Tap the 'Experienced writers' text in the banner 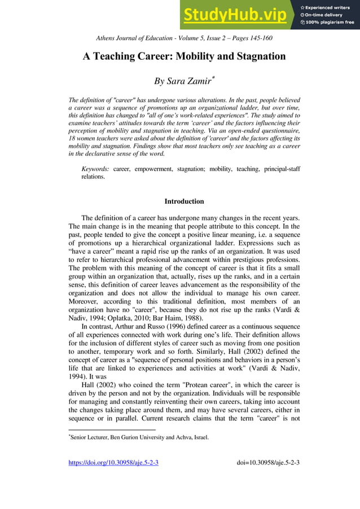[331, 7]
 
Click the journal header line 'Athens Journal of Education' [134, 38]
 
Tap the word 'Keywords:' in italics [95, 169]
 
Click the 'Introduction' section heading [184, 201]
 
